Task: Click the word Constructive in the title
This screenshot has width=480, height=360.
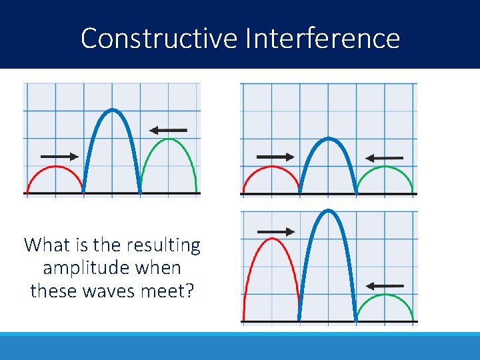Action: click(x=159, y=38)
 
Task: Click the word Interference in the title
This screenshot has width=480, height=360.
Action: click(x=322, y=38)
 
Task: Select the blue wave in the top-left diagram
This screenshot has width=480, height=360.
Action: click(x=112, y=110)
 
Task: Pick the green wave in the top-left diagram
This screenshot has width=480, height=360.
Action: click(x=169, y=139)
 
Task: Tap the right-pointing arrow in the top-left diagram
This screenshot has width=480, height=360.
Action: click(x=59, y=157)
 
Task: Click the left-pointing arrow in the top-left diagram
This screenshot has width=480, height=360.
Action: click(x=168, y=130)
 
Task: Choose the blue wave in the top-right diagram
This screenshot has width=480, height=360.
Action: click(x=327, y=139)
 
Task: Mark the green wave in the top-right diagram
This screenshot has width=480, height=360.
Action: click(x=385, y=167)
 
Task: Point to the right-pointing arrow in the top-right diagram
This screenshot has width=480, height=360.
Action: click(x=275, y=157)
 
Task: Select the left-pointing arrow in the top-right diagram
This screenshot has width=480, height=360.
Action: click(x=385, y=158)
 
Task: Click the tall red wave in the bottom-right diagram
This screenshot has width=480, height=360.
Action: click(x=271, y=239)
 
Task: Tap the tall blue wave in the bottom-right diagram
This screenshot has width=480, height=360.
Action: click(x=327, y=211)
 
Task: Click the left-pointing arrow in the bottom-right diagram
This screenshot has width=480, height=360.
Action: click(x=385, y=285)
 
